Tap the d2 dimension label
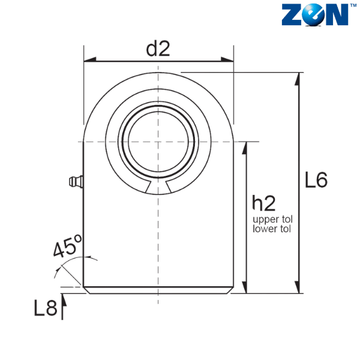pyautogui.click(x=158, y=49)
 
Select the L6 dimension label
pyautogui.click(x=316, y=180)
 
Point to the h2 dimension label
pyautogui.click(x=263, y=203)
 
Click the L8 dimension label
pyautogui.click(x=46, y=308)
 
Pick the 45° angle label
pyautogui.click(x=67, y=245)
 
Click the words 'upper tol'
pyautogui.click(x=272, y=220)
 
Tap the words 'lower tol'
pyautogui.click(x=272, y=229)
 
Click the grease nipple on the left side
pyautogui.click(x=76, y=181)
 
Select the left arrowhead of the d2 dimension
pyautogui.click(x=90, y=59)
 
